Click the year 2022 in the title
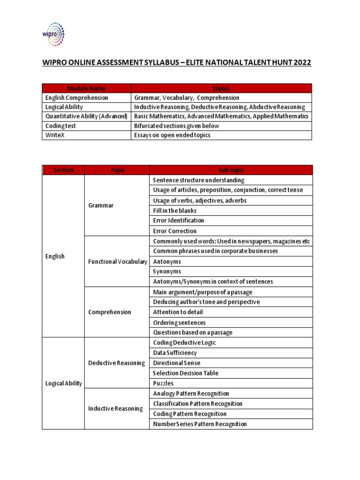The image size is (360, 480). (299, 63)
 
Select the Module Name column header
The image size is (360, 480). (86, 88)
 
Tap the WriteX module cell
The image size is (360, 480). (54, 135)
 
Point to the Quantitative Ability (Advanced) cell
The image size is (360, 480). (86, 116)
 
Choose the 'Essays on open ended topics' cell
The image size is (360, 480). (172, 135)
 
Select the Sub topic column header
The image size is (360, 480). (231, 170)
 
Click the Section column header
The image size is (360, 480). (63, 170)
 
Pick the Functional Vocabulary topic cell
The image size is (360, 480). (117, 262)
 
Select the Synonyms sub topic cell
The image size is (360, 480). (167, 271)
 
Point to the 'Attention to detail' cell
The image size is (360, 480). (178, 312)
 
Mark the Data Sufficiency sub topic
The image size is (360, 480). (175, 353)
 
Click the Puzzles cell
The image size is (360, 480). (164, 383)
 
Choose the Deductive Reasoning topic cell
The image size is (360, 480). (117, 363)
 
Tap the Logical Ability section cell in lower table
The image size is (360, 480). (63, 383)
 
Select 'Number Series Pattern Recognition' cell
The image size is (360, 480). (200, 424)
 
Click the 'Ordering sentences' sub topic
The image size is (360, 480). (179, 322)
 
